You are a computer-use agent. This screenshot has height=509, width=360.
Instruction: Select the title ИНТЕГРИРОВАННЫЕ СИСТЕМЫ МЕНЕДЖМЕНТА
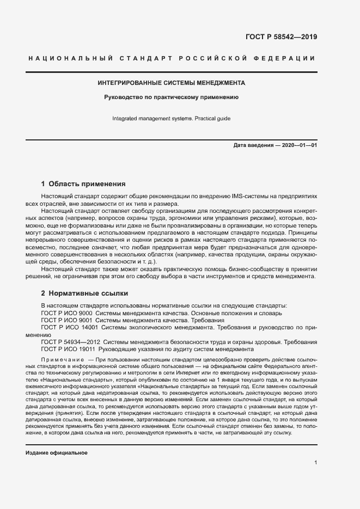(172, 83)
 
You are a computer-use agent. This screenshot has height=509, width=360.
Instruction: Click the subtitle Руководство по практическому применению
(172, 98)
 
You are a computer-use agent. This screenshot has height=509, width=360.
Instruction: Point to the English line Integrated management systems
(171, 118)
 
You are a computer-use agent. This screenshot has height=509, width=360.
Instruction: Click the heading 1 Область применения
(83, 183)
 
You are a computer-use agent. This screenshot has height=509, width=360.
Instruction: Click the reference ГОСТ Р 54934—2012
(66, 342)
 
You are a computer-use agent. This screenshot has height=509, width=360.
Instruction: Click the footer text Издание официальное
(57, 453)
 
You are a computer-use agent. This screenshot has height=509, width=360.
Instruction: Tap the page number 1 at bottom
(315, 463)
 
